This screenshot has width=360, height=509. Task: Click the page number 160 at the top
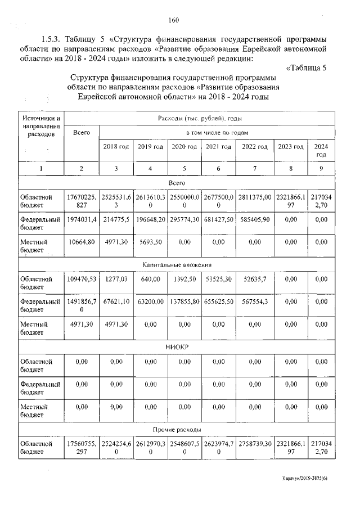(173, 21)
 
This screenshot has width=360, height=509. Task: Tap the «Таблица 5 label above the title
(306, 69)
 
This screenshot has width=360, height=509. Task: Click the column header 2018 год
(116, 147)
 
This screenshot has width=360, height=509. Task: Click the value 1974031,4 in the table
(82, 219)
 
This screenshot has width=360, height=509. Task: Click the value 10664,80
(82, 241)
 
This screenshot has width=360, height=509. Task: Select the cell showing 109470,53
(82, 278)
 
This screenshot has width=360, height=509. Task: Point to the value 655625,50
(219, 301)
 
